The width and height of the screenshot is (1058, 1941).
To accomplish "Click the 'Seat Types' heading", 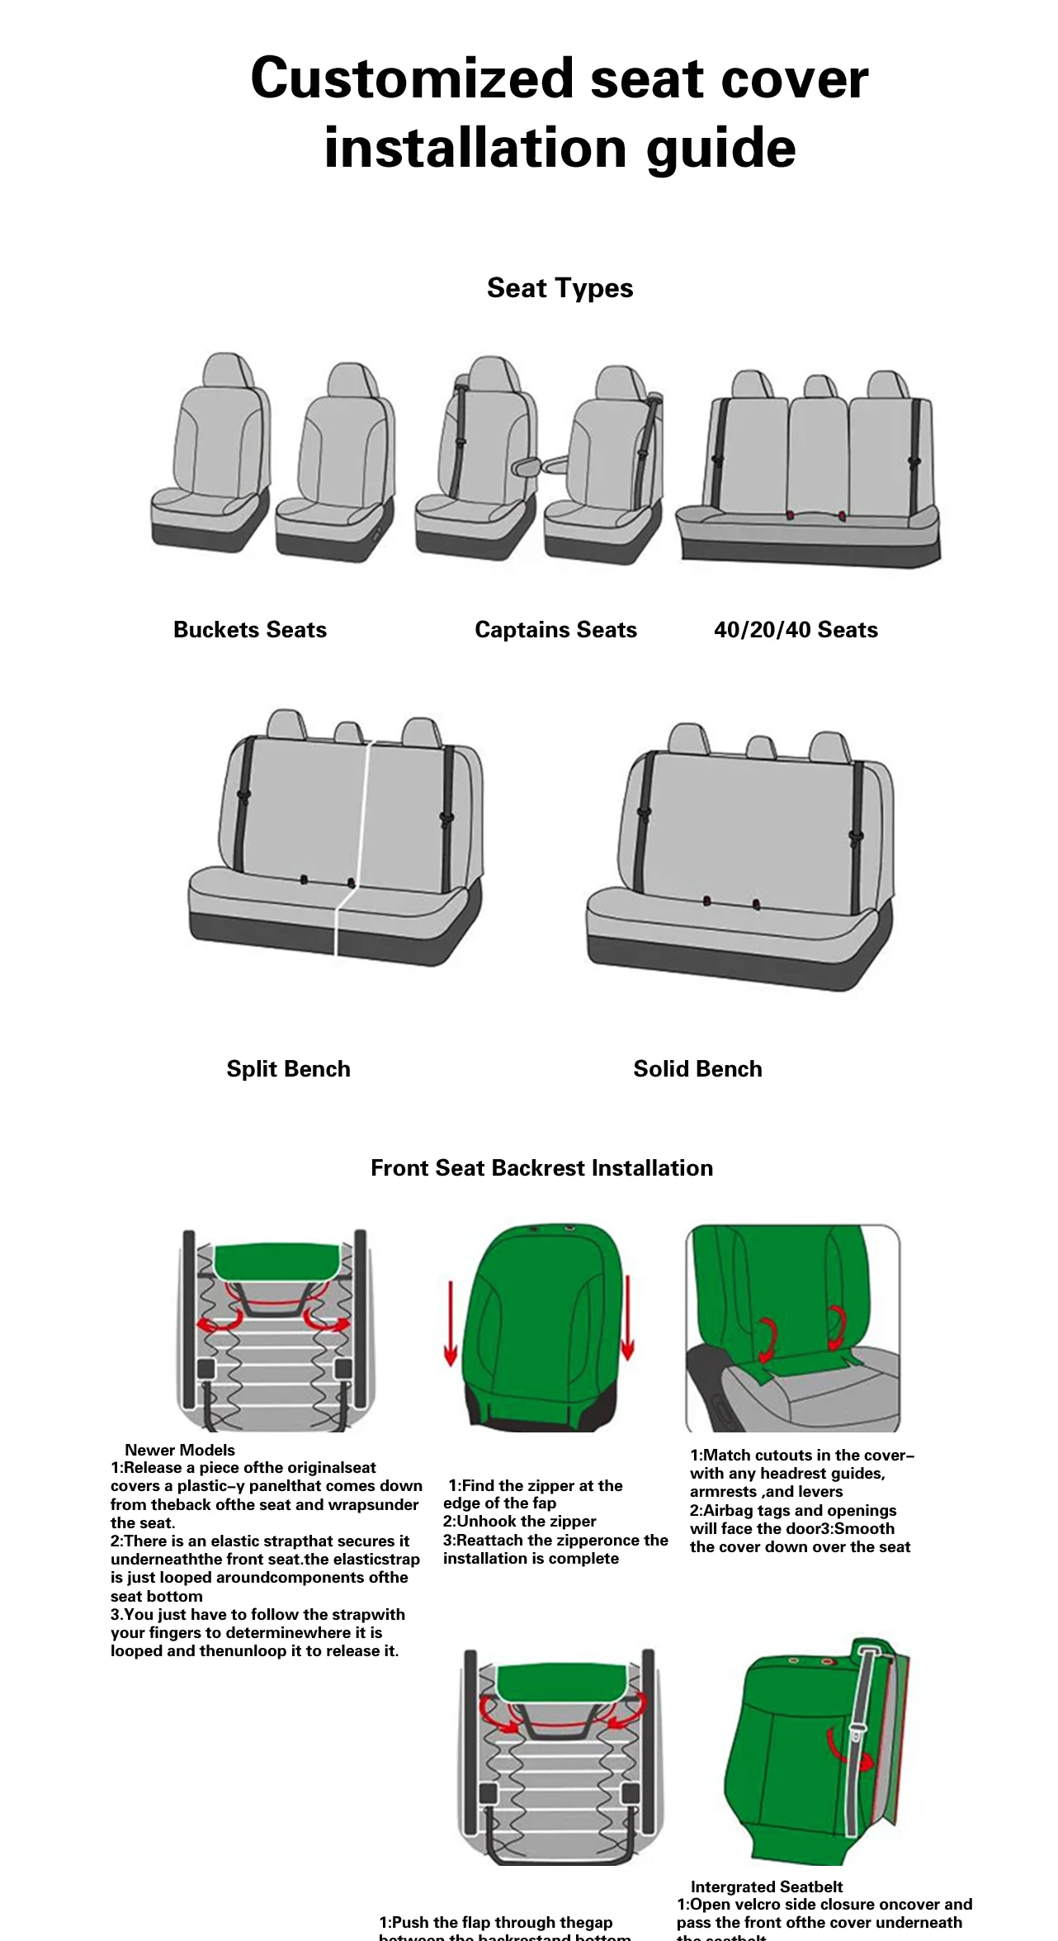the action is pyautogui.click(x=560, y=288).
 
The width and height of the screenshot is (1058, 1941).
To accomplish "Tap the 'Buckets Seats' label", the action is pyautogui.click(x=249, y=630).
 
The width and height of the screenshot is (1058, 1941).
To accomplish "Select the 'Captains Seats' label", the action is pyautogui.click(x=555, y=630).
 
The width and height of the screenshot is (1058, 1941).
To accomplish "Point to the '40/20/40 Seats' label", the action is pyautogui.click(x=796, y=630).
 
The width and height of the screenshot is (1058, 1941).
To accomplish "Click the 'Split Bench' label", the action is pyautogui.click(x=288, y=1069).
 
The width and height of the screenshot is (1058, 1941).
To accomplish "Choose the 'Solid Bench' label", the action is pyautogui.click(x=697, y=1069).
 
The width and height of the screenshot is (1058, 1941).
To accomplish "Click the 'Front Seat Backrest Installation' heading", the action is pyautogui.click(x=541, y=1168).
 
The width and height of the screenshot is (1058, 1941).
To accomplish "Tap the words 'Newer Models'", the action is pyautogui.click(x=179, y=1450).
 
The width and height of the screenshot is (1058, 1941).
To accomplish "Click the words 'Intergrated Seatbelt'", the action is pyautogui.click(x=766, y=1887).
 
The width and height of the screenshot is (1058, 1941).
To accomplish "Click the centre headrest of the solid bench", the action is pyautogui.click(x=760, y=746).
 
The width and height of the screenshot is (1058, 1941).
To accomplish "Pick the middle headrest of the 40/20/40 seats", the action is pyautogui.click(x=819, y=386).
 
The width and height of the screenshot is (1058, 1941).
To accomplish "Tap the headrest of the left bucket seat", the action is pyautogui.click(x=227, y=370).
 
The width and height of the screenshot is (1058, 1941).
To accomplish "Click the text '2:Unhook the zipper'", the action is pyautogui.click(x=519, y=1522).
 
